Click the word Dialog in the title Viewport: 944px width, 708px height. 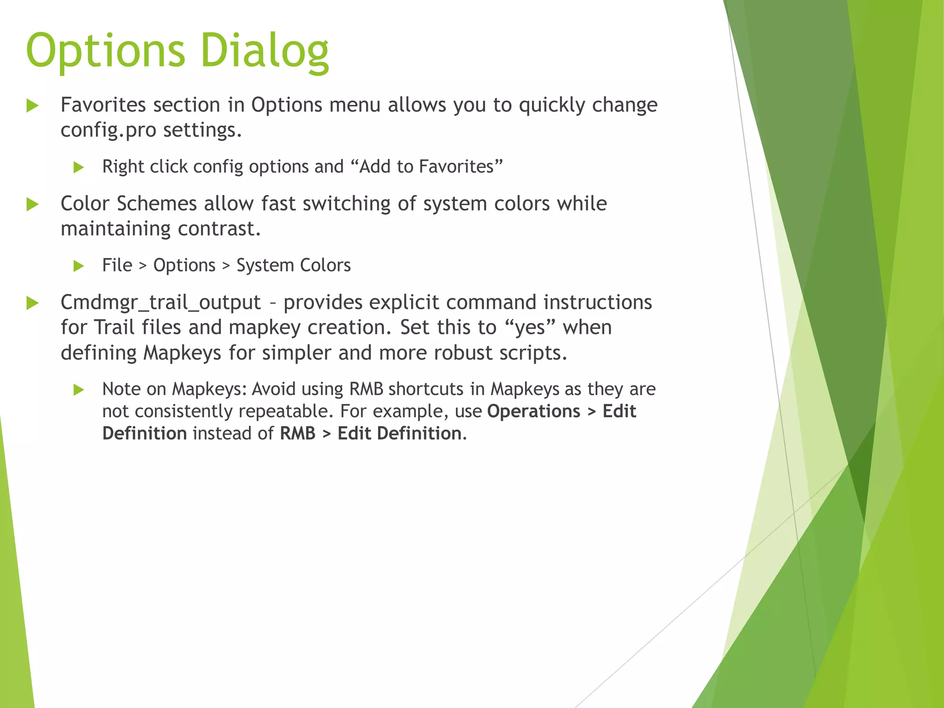[x=265, y=51]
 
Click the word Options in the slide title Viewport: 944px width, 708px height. [x=106, y=51]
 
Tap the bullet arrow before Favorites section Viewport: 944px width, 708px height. [x=32, y=106]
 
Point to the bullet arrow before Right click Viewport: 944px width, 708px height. [x=78, y=167]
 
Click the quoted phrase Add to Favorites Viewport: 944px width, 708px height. [x=427, y=166]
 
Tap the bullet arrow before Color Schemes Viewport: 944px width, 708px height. [x=32, y=204]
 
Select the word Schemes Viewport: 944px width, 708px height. [x=157, y=204]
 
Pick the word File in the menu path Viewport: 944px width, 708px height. [x=117, y=265]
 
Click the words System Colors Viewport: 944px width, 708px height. [x=294, y=265]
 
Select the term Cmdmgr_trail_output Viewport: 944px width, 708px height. [x=160, y=303]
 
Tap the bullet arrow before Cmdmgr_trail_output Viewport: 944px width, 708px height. [x=32, y=303]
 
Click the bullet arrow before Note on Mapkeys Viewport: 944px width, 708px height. [x=78, y=390]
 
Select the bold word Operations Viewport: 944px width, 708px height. [x=533, y=411]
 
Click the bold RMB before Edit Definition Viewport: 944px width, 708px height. [x=297, y=434]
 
